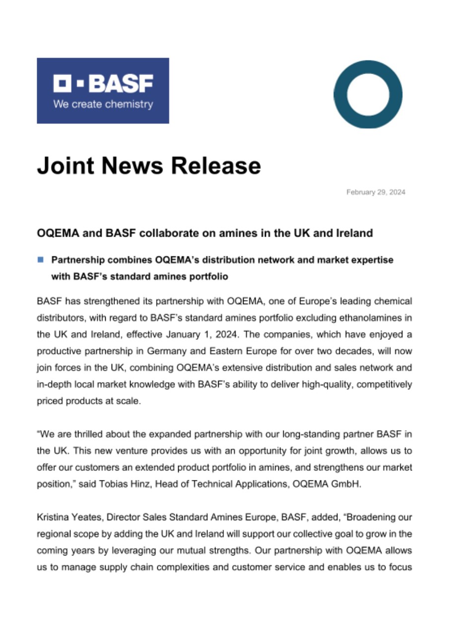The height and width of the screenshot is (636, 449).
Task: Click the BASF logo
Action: (103, 90)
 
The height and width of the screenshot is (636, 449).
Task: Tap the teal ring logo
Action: (368, 94)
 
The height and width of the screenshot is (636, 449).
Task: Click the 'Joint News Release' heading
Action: (149, 166)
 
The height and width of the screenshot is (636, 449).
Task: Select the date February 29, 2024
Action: (376, 192)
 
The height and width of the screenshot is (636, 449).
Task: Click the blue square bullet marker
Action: (41, 260)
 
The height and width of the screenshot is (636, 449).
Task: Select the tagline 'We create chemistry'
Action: (103, 105)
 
